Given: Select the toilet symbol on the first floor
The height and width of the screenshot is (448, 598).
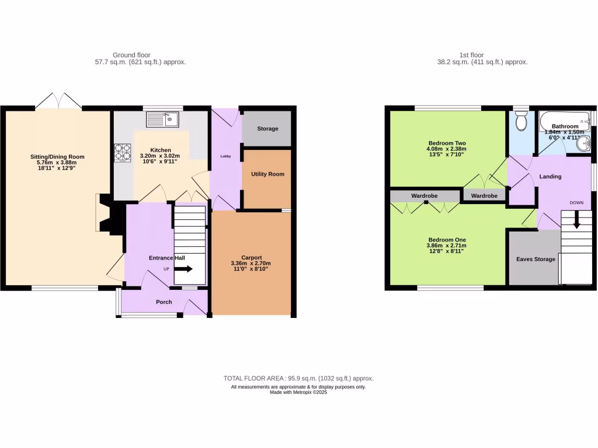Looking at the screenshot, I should pos(521,121).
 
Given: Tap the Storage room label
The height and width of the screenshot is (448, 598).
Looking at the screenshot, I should pos(266,128).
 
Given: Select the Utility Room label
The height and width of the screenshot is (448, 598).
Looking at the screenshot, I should pos(266,174).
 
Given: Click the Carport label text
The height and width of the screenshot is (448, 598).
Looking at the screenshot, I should pos(251,257).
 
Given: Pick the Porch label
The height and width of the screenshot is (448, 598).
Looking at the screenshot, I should pos(164,302).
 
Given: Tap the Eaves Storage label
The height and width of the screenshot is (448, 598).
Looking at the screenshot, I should pos(536,259).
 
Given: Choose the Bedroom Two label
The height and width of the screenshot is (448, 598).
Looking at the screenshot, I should pos(447,143).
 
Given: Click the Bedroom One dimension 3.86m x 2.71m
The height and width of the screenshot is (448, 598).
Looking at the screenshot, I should pos(447,246).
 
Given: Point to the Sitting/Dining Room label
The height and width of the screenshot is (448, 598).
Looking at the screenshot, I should pos(58,156).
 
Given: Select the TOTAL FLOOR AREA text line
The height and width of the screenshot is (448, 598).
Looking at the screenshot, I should pos(298,378).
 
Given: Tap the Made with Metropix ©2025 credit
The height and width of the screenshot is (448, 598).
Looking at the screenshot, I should pos(298,393).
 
